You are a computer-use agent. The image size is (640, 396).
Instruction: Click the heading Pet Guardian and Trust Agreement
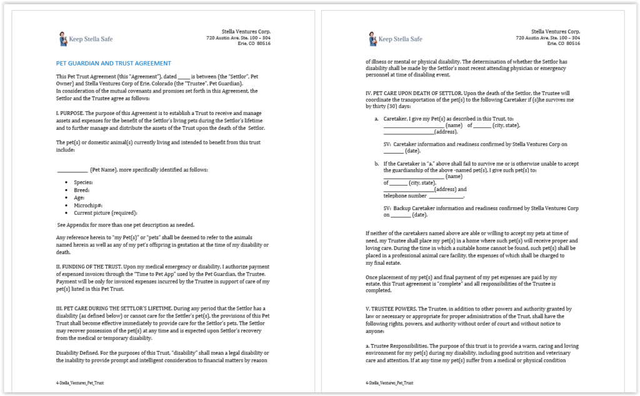coord(113,63)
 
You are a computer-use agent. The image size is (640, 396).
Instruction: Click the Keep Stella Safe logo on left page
coord(86,39)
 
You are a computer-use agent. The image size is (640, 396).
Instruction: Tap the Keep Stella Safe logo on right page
coord(395,39)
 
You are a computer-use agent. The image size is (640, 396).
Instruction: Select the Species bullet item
coord(83,182)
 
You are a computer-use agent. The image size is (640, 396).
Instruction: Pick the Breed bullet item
coord(82,190)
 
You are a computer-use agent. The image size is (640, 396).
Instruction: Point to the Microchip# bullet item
coord(88,205)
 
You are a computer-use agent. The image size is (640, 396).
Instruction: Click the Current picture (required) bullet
coord(105,213)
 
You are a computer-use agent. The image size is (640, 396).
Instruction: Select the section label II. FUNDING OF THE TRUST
coord(89,265)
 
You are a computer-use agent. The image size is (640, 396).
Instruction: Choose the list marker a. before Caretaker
coord(377,118)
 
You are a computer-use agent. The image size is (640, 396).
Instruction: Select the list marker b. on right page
coord(377,164)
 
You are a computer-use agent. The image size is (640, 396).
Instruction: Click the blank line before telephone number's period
coord(446,196)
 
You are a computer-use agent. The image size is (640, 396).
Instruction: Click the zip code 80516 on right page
coord(572,44)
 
